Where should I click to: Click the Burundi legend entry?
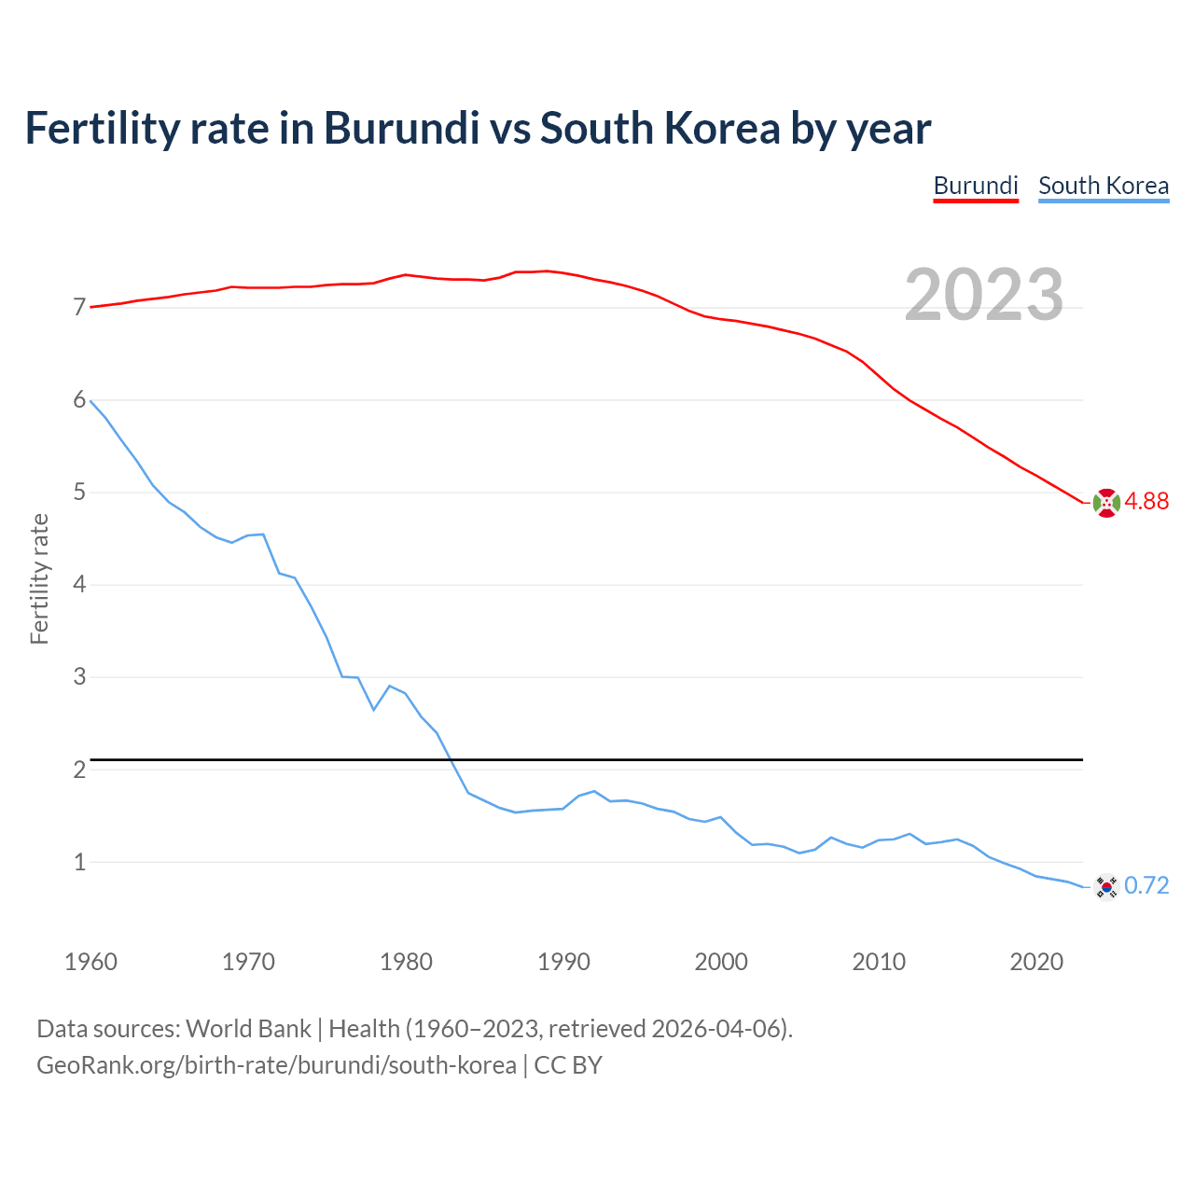point(975,186)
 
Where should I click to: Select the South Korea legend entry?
point(1104,186)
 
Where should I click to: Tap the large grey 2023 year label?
point(984,295)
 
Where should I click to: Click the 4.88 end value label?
point(1146,502)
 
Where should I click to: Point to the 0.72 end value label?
point(1146,886)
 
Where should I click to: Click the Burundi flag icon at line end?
point(1106,503)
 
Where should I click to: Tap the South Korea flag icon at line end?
point(1106,886)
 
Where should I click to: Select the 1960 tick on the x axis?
point(90,962)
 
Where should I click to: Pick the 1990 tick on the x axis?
point(563,962)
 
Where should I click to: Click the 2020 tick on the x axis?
point(1036,962)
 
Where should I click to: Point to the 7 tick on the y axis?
point(79,308)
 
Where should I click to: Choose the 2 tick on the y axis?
point(79,770)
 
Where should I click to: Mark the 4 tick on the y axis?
point(79,585)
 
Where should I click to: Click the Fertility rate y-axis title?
point(39,578)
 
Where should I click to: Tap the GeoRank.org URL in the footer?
point(276,1065)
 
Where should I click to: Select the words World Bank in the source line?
point(248,1029)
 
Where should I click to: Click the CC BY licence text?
point(568,1065)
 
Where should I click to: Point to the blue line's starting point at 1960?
point(90,400)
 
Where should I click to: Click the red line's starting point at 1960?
point(90,307)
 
